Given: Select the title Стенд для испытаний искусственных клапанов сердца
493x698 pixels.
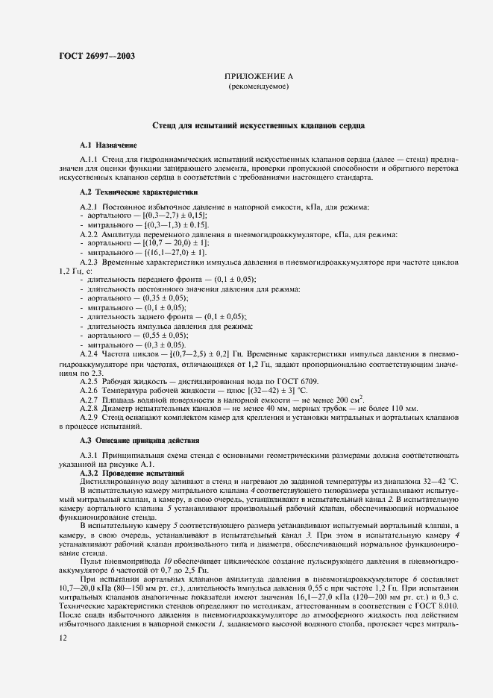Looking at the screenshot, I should pos(258,126).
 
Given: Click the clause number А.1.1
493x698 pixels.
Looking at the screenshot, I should pos(89,160).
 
